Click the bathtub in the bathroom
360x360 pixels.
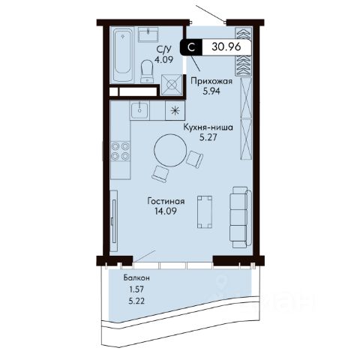point(123,55)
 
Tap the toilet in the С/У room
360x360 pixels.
point(147,71)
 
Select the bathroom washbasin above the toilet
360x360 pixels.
point(148,34)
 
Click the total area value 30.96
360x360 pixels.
point(226,46)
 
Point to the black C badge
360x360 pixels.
point(191,47)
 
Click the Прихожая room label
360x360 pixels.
point(211,81)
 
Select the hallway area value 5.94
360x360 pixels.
point(211,91)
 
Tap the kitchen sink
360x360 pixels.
point(139,110)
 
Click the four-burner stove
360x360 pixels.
point(120,151)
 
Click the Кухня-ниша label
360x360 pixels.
point(208,127)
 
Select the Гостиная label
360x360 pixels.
point(166,201)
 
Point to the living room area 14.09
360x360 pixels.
point(166,211)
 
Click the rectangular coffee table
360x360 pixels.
point(205,212)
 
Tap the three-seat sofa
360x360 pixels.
point(240,217)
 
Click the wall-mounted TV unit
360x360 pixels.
point(114,221)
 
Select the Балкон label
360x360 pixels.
point(136,277)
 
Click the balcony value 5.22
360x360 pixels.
point(136,301)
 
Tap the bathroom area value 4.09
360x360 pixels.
point(164,60)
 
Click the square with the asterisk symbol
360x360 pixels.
point(175,110)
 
